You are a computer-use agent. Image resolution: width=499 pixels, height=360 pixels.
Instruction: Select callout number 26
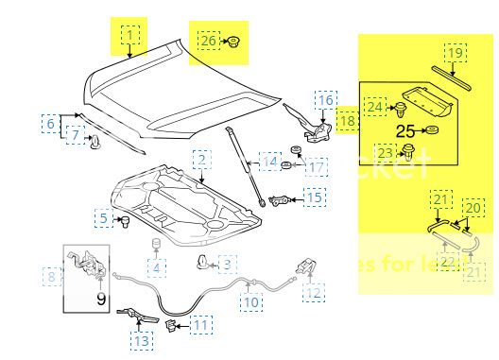208,40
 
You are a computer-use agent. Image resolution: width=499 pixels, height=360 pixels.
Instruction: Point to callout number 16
325,99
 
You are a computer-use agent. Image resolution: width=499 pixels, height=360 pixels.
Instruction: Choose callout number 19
455,54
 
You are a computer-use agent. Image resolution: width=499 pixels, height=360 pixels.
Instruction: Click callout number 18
347,122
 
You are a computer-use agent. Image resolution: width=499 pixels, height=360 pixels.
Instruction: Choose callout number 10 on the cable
249,303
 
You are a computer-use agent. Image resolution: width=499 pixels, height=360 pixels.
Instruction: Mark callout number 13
140,339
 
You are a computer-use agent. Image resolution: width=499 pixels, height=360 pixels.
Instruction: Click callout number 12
314,291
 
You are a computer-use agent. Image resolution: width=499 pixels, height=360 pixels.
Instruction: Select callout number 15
314,197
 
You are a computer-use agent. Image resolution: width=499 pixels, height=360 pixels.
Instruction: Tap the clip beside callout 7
95,142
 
